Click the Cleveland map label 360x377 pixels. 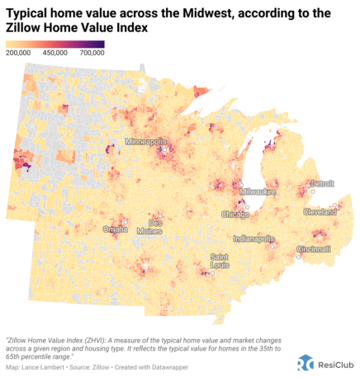(x=319, y=211)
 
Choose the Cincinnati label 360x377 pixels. (x=313, y=248)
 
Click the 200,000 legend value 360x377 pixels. (x=20, y=53)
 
